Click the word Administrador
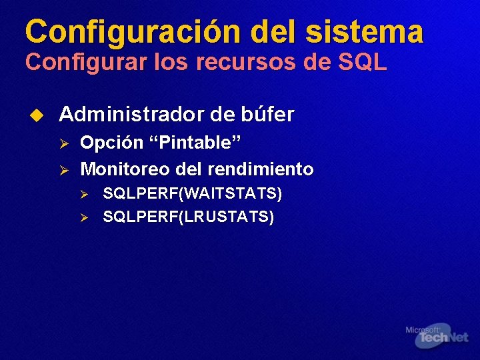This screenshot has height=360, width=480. tap(131, 115)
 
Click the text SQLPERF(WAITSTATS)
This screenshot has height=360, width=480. tap(193, 193)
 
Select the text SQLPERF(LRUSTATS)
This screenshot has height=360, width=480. tap(189, 217)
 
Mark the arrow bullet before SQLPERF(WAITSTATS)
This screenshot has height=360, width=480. tap(85, 194)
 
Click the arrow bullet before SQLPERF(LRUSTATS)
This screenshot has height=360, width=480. tap(85, 217)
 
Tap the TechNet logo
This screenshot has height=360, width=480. tap(440, 339)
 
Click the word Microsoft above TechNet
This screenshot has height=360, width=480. tap(422, 329)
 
